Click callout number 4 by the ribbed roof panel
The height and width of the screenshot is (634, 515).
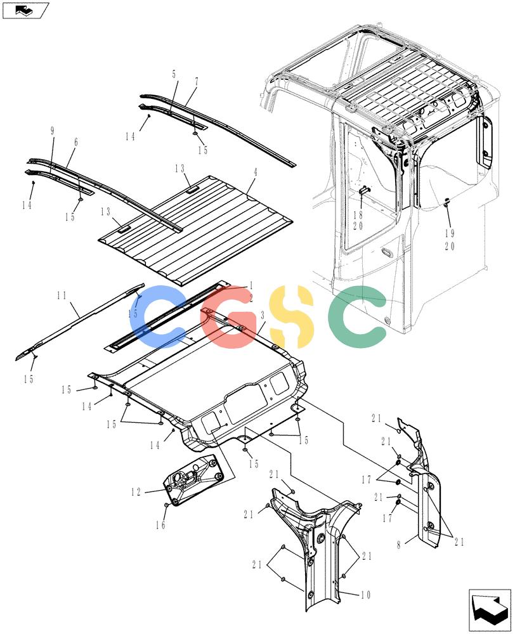(x=255, y=172)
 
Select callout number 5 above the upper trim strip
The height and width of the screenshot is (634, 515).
(x=174, y=74)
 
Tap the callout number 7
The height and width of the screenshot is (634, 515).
(x=197, y=82)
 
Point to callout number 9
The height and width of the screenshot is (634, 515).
(x=52, y=131)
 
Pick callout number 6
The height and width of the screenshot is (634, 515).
(x=76, y=142)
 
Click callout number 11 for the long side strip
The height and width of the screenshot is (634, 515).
(x=62, y=295)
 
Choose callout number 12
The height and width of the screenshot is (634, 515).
(x=136, y=492)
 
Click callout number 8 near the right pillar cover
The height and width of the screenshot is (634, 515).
(x=399, y=545)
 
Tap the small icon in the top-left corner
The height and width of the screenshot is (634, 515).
(x=25, y=11)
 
